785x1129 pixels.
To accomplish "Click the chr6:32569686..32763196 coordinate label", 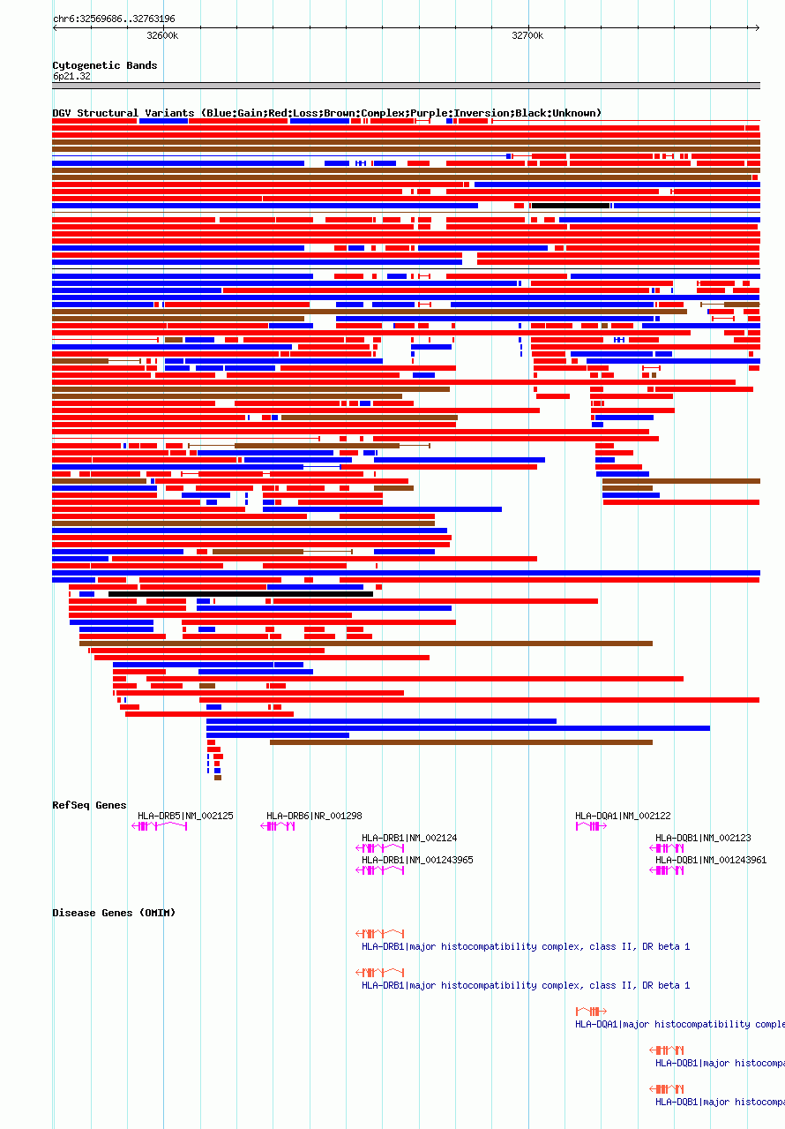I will (x=114, y=19).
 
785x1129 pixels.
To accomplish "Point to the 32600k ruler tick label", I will (x=162, y=35).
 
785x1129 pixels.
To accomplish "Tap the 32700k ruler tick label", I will (x=527, y=35).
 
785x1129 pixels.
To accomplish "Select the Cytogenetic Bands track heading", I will (x=104, y=65).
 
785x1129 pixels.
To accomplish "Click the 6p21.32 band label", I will (x=71, y=77).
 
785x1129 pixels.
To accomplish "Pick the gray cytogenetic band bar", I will (x=406, y=86).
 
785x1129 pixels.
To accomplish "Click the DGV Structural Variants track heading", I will (x=326, y=113).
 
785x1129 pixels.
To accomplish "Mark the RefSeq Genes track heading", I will (x=89, y=805).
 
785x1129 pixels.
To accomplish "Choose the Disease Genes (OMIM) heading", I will (x=114, y=913).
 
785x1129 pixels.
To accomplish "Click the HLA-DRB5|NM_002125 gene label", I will (x=185, y=816).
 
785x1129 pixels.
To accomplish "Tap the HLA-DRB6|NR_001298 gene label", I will (x=314, y=816).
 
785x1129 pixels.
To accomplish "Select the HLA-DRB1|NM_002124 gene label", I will (x=409, y=838).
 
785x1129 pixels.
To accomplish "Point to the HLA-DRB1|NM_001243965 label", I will (x=417, y=860).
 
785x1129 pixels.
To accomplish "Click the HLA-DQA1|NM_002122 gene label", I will (x=623, y=816).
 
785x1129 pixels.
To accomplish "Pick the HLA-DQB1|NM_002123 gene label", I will (x=703, y=838).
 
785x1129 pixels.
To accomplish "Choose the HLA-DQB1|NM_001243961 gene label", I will (x=711, y=860).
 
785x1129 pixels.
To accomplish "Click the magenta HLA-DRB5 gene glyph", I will (x=160, y=826).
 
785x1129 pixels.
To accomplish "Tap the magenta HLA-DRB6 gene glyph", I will (x=278, y=826).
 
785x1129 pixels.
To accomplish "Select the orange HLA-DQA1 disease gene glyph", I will (x=591, y=1011).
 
